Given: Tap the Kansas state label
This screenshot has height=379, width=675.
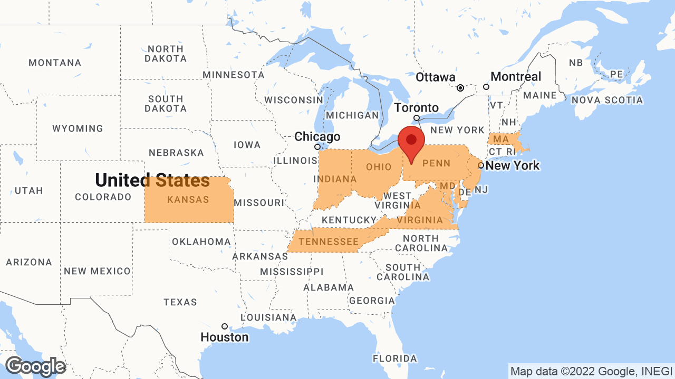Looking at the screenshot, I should (x=188, y=200).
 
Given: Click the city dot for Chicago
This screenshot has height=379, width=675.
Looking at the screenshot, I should (x=317, y=147).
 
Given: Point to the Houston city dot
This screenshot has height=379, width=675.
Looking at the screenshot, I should (x=224, y=326).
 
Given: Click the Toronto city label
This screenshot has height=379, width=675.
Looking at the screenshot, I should (x=417, y=108).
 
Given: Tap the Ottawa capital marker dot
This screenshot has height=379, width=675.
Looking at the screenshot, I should (x=460, y=88).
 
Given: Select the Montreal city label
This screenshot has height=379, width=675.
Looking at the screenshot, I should (x=515, y=77).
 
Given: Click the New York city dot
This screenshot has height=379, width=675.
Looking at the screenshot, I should (x=481, y=165).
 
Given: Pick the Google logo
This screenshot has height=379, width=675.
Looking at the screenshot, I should (x=35, y=366).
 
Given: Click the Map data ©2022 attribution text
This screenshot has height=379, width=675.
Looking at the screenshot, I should (x=591, y=371).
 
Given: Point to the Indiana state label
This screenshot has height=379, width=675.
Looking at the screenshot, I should (x=335, y=179).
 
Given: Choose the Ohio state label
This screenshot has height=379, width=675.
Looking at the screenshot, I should (x=379, y=167).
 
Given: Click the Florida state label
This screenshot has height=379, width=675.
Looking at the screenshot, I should (x=394, y=358).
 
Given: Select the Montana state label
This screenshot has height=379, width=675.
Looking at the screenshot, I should (x=55, y=63).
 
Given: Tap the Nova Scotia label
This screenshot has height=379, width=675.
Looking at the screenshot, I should (x=607, y=100).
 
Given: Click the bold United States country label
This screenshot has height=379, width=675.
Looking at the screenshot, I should (x=152, y=181).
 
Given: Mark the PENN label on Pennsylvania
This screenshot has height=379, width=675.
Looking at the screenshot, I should (x=436, y=163).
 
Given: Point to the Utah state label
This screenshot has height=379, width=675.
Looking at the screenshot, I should (x=29, y=191).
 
